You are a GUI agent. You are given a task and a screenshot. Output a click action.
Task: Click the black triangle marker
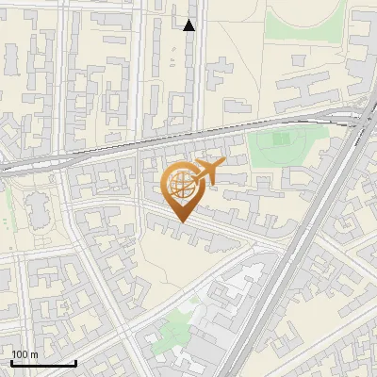pyautogui.click(x=189, y=25)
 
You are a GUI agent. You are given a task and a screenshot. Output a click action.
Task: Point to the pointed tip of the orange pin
pyautogui.click(x=181, y=222)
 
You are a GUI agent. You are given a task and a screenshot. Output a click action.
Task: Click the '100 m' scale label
pyautogui.click(x=25, y=354)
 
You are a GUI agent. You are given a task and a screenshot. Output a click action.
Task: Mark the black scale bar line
pyautogui.click(x=43, y=363)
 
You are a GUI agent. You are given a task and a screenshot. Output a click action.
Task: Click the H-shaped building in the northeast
pyautogui.click(x=303, y=90)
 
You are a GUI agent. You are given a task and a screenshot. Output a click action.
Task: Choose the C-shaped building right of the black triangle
pyautogui.click(x=221, y=71)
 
